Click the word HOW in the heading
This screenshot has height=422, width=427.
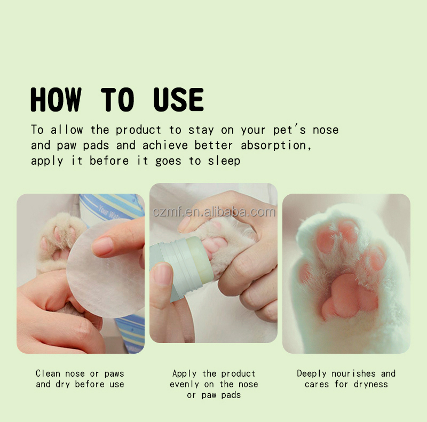56,100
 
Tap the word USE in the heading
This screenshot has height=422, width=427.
179,100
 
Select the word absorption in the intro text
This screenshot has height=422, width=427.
276,146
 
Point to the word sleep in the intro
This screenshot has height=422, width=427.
224,161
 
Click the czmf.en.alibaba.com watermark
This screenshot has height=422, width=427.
214,212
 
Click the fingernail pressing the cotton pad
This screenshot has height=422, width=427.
102,246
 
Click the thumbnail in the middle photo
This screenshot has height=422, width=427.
163,274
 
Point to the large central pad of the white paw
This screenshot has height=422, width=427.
350,296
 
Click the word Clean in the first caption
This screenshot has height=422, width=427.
48,373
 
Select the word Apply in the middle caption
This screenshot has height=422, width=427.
184,374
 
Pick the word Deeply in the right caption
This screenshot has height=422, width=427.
312,374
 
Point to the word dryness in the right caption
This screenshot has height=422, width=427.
370,385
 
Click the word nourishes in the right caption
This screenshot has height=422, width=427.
353,373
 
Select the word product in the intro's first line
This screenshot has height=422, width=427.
138,130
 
